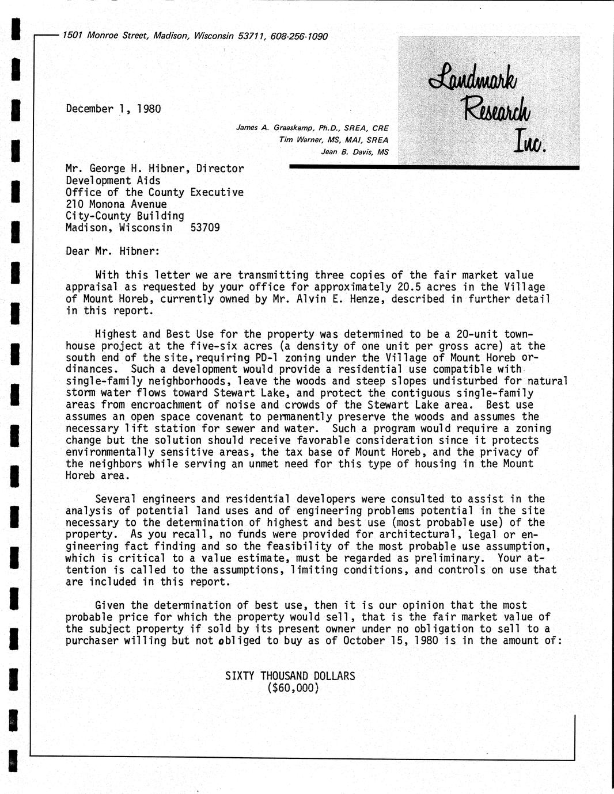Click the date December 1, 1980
click(x=113, y=109)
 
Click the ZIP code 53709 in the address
click(x=204, y=227)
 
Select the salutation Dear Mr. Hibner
click(x=112, y=251)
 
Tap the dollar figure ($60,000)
click(x=290, y=688)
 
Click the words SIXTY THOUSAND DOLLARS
click(x=290, y=675)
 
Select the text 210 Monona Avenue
click(x=116, y=204)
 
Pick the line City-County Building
click(x=124, y=216)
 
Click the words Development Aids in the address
click(x=113, y=180)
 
